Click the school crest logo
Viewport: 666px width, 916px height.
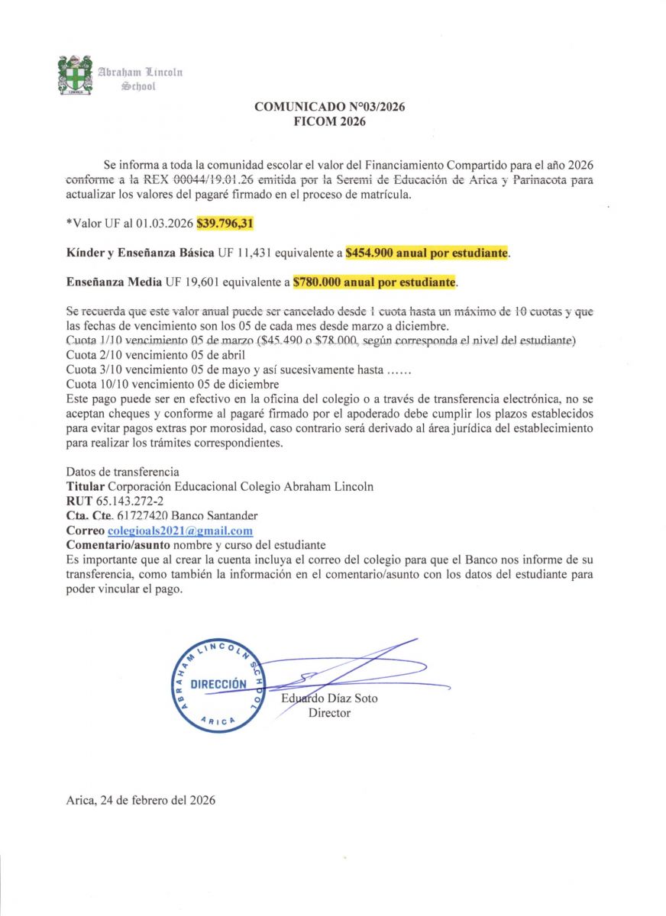click(75, 75)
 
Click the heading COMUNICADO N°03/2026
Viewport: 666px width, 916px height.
click(330, 108)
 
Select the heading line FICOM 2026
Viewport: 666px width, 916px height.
click(330, 121)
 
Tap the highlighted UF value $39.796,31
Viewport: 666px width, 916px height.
click(225, 224)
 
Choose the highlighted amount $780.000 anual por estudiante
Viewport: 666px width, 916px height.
click(374, 282)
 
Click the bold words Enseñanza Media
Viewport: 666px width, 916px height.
click(113, 282)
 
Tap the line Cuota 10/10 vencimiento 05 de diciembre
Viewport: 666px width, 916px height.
click(173, 383)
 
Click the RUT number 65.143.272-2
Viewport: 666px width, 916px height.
click(124, 502)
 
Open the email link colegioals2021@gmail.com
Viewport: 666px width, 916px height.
click(180, 531)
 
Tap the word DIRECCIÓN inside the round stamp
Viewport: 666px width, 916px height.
click(218, 684)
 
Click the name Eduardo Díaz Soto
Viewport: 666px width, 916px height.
click(329, 698)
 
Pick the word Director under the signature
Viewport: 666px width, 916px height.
click(329, 713)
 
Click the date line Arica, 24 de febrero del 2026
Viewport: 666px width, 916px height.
click(141, 801)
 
